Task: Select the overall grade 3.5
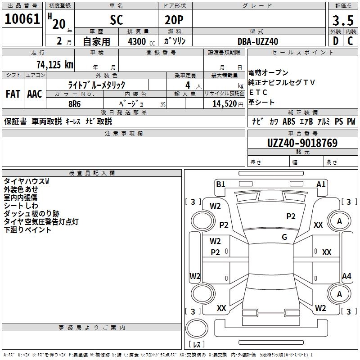[342, 20]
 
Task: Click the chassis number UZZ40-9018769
[302, 143]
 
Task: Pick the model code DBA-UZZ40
[258, 41]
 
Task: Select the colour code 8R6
[75, 103]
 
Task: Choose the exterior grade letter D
[335, 41]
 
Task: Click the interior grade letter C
[350, 41]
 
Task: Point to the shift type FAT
[13, 94]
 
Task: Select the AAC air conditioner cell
[35, 94]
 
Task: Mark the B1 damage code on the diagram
[220, 184]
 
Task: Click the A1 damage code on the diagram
[321, 184]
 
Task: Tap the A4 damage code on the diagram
[346, 276]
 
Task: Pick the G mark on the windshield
[284, 237]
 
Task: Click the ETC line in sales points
[258, 93]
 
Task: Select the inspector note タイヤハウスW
[27, 181]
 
